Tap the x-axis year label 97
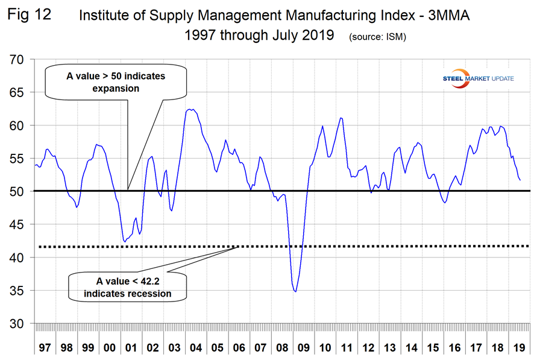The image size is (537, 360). [x=45, y=349]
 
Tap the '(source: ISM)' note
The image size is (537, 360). [x=377, y=37]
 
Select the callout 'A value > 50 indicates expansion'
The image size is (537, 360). [x=115, y=83]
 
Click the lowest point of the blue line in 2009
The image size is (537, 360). [x=295, y=292]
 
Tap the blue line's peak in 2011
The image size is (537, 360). [x=342, y=118]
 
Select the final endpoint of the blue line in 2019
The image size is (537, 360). [x=520, y=180]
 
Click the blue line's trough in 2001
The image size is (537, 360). [x=124, y=242]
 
